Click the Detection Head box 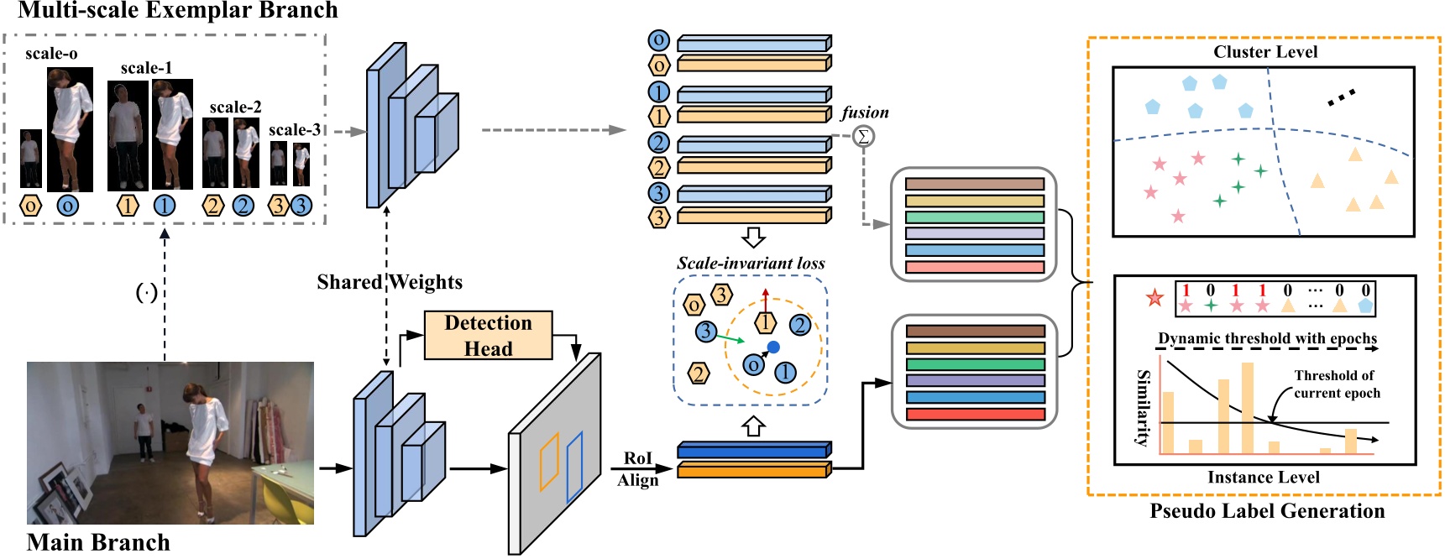tap(488, 336)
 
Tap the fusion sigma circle tap(862, 136)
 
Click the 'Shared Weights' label tap(390, 282)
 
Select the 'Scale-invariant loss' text tap(751, 264)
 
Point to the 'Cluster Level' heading tap(1264, 52)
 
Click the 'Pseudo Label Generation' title tap(1266, 511)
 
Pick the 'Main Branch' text tap(98, 542)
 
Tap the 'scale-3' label tap(294, 130)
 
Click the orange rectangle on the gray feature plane tap(548, 462)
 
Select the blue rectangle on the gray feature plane tap(575, 467)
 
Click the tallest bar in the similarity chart tap(1247, 408)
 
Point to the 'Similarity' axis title tap(1143, 407)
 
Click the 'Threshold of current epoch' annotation tap(1336, 384)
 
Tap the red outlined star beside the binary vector tap(1155, 298)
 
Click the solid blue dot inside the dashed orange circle tap(773, 347)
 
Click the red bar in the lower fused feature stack tap(975, 415)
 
